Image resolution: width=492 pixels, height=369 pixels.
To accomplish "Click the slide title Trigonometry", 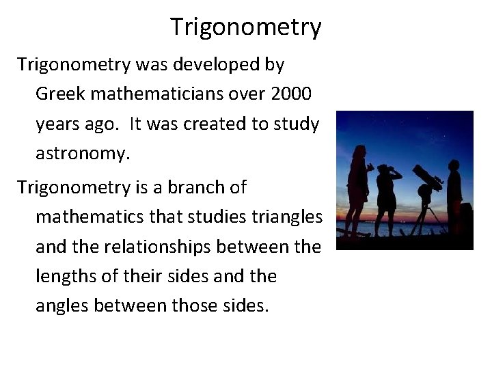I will [245, 27].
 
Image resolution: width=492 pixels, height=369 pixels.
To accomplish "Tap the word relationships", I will [167, 247].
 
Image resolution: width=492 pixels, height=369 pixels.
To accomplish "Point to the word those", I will [193, 306].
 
